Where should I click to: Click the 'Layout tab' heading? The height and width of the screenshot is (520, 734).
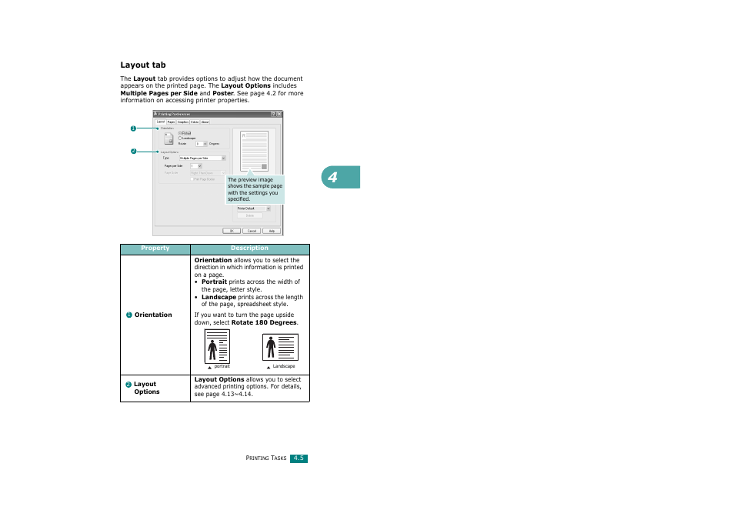(143, 65)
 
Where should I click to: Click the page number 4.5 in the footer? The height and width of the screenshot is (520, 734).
(299, 458)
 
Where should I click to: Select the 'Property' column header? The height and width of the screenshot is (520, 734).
(155, 248)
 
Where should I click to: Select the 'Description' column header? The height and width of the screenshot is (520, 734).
(249, 248)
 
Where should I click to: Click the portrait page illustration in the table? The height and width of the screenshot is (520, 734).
(217, 346)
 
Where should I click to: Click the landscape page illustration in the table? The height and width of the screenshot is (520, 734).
(280, 347)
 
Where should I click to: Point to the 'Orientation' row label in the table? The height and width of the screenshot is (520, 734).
(153, 315)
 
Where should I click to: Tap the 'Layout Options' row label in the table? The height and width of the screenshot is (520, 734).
(145, 388)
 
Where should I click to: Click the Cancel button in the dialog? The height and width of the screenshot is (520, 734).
(252, 230)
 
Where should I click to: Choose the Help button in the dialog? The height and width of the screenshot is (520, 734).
(271, 230)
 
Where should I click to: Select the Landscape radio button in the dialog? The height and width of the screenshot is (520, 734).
(180, 138)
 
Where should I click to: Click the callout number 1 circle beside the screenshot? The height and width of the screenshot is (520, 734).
(133, 128)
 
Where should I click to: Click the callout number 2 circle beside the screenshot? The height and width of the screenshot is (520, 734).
(133, 152)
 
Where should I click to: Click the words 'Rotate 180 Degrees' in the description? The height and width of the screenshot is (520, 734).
(264, 323)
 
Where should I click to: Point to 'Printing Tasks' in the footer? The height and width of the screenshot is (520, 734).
(266, 458)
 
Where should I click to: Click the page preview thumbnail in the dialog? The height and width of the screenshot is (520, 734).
(255, 152)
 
